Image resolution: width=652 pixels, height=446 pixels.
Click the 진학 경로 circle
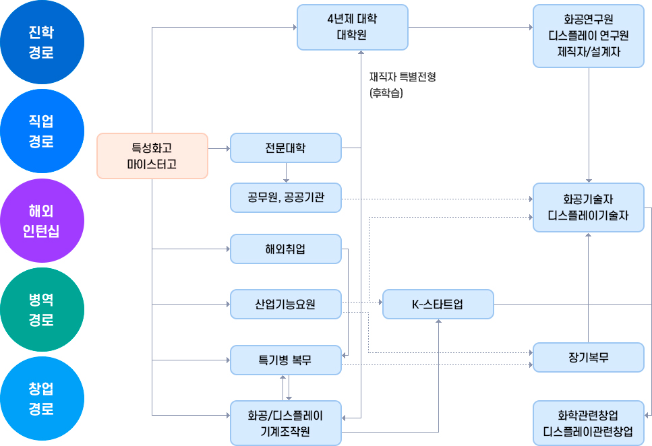[42, 42]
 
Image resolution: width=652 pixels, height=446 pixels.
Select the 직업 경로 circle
[42, 131]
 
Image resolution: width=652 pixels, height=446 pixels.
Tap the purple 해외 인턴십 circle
[42, 221]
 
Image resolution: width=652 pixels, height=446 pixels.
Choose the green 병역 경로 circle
[42, 310]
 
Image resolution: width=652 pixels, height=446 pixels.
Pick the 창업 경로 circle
[42, 399]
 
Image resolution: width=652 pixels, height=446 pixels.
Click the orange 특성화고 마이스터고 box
[152, 156]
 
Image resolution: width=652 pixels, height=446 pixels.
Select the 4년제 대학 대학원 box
[352, 27]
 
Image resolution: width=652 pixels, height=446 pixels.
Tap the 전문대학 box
[285, 148]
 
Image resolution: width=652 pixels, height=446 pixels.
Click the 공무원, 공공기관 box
[285, 198]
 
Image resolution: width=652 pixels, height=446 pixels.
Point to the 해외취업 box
[285, 249]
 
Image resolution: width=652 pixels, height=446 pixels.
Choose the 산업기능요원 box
[285, 304]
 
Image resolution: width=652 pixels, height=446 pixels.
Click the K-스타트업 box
[438, 304]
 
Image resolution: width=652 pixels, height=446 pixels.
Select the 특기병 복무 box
[285, 360]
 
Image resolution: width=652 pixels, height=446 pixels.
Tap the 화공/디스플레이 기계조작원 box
[285, 422]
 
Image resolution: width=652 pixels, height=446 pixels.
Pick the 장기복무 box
[588, 357]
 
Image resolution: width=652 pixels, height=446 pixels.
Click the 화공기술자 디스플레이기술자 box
[588, 208]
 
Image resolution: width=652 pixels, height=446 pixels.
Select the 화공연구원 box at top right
[588, 36]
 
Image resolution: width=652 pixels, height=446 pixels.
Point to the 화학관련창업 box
[588, 422]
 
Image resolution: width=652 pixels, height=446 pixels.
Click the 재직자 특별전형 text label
[403, 77]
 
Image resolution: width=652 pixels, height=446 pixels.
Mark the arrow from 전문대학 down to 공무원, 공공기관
[286, 173]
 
